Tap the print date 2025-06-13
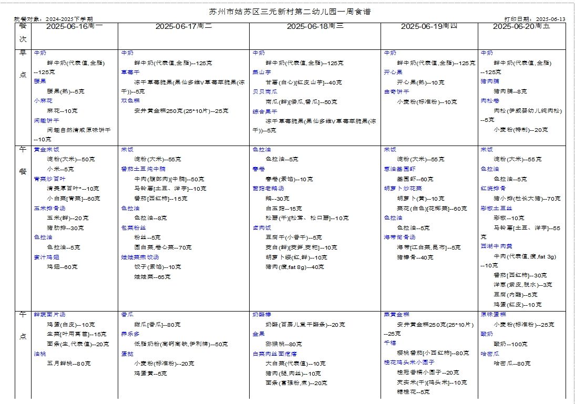(x=550, y=19)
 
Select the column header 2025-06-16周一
(x=75, y=26)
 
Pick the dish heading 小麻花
(x=43, y=101)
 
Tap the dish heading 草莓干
(x=130, y=72)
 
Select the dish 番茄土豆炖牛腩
(x=143, y=169)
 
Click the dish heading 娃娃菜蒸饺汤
(x=139, y=257)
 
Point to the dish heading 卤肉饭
(x=261, y=228)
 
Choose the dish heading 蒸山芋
(x=261, y=72)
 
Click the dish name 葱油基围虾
(x=399, y=169)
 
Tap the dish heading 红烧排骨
(x=493, y=189)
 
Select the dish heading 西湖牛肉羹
(x=497, y=246)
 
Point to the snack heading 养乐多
(x=130, y=334)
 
